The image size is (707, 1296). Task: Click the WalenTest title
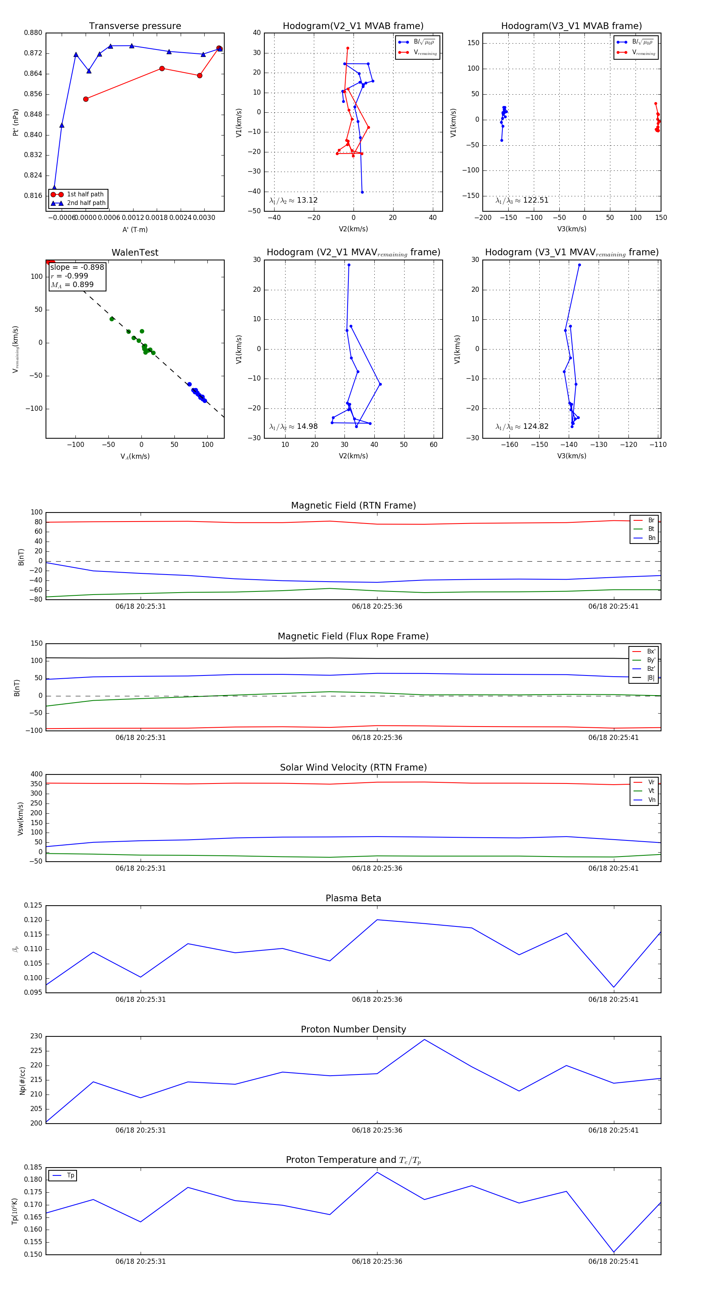(135, 253)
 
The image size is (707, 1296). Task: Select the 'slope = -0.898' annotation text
(77, 267)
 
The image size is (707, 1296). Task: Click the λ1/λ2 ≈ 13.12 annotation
(293, 200)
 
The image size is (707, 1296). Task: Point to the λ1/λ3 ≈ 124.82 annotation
(522, 427)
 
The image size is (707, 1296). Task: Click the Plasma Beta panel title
(353, 899)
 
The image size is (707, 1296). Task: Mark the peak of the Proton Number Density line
(424, 1040)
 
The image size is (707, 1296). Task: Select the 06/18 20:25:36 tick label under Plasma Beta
(377, 999)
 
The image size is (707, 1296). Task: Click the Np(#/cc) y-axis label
(22, 1080)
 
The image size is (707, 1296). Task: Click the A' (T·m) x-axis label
(135, 230)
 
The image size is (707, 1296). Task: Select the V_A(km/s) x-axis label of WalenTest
(135, 456)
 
